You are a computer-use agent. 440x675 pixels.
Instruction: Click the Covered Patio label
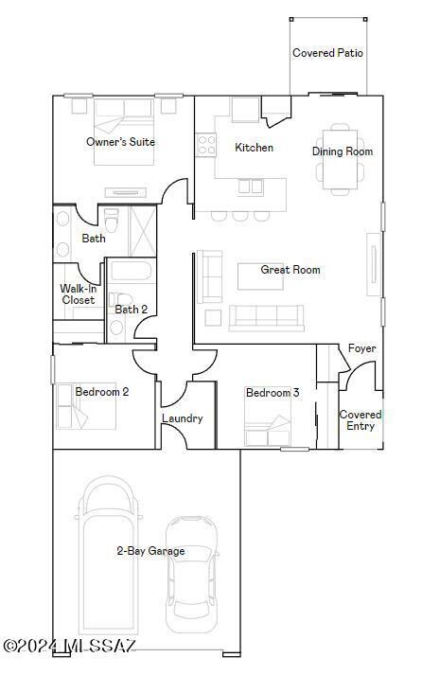click(x=327, y=53)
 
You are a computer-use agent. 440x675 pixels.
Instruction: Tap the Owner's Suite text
click(x=120, y=142)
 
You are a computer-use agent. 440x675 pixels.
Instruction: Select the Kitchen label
click(x=254, y=148)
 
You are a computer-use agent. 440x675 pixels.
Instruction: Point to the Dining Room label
click(x=342, y=151)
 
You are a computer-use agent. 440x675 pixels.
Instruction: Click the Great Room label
click(x=290, y=270)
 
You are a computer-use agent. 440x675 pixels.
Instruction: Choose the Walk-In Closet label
click(x=78, y=294)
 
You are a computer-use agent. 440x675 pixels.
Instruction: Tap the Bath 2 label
click(x=131, y=310)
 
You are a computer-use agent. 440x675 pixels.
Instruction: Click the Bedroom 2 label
click(x=101, y=391)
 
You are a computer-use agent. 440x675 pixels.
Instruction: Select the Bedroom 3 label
click(x=273, y=393)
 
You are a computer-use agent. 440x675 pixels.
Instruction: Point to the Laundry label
click(x=182, y=418)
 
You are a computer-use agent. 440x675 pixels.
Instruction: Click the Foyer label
click(x=361, y=348)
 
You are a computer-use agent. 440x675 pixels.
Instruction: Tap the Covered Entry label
click(x=361, y=420)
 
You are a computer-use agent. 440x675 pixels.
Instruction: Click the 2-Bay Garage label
click(x=150, y=551)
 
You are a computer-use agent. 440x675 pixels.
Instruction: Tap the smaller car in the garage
click(x=192, y=587)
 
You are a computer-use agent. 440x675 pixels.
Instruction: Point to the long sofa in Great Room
click(x=266, y=317)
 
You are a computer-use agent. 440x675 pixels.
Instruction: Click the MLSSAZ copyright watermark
click(x=70, y=646)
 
